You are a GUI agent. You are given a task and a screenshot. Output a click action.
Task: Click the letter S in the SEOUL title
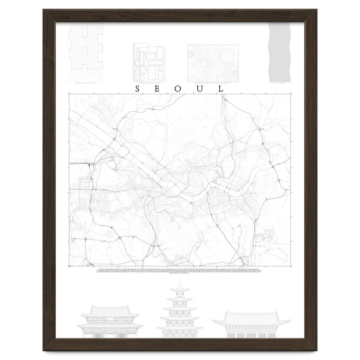(137, 89)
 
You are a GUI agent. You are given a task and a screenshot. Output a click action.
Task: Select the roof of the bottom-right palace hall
(247, 318)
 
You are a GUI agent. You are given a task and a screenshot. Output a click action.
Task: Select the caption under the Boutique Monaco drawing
(86, 82)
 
